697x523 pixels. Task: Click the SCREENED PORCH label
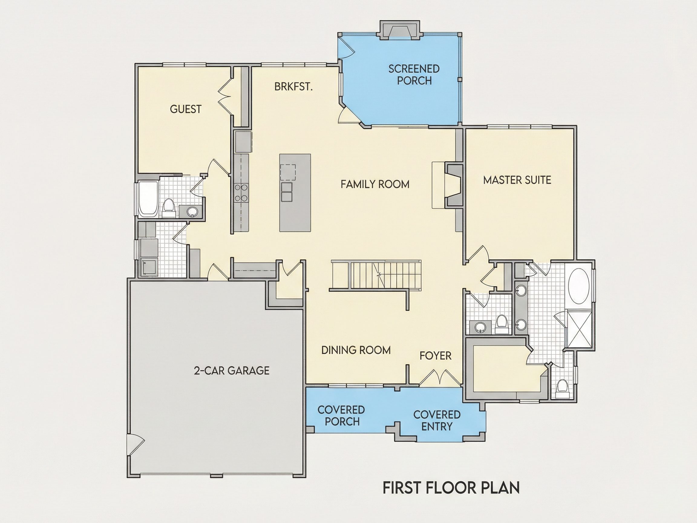(414, 75)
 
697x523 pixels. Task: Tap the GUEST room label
(185, 109)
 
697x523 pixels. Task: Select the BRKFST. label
(293, 86)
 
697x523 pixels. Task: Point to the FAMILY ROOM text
(375, 184)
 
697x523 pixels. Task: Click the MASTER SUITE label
(517, 180)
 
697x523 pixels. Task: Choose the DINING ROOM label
(356, 350)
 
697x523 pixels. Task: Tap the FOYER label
(435, 356)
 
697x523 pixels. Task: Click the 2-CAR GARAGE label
(232, 370)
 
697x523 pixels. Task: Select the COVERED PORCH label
(341, 416)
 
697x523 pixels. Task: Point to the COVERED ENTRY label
(437, 420)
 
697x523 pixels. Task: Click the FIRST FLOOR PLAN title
(451, 487)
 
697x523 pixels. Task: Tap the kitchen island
(295, 192)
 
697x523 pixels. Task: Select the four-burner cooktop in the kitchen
(241, 192)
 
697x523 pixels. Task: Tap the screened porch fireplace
(400, 30)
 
